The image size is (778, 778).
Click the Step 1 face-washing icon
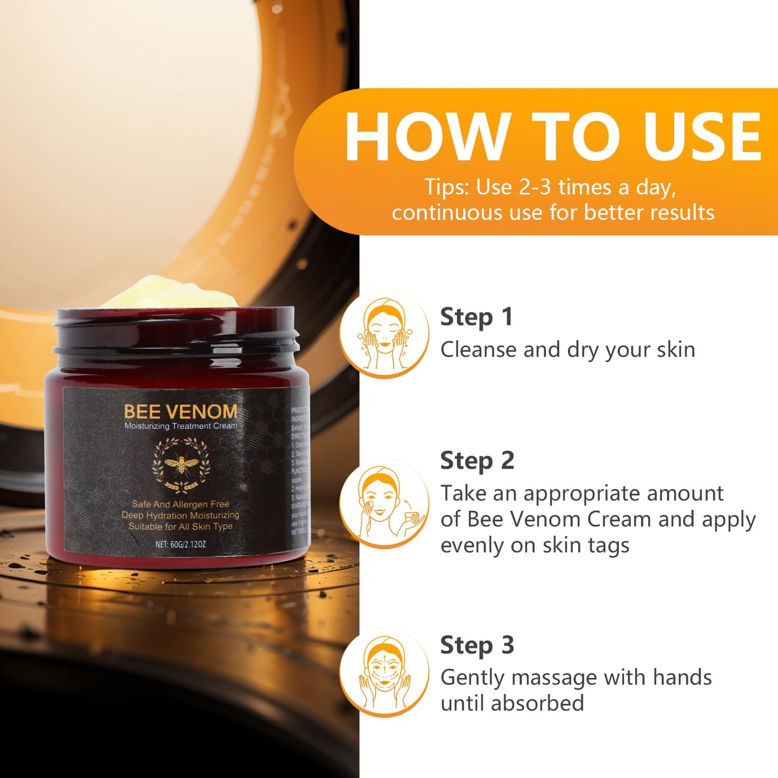tap(384, 333)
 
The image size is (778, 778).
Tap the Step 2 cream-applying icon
tap(384, 503)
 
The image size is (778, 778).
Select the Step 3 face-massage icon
tap(384, 672)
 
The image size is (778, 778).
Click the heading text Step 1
tap(476, 317)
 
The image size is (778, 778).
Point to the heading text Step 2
tap(476, 461)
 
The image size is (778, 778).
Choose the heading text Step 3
tap(476, 645)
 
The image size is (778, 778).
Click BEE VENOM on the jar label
tap(180, 412)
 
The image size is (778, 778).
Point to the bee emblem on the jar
tap(181, 464)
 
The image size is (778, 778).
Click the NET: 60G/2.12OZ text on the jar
tap(180, 544)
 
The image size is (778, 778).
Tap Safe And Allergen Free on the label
tap(180, 504)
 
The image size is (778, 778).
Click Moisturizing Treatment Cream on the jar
tap(180, 426)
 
